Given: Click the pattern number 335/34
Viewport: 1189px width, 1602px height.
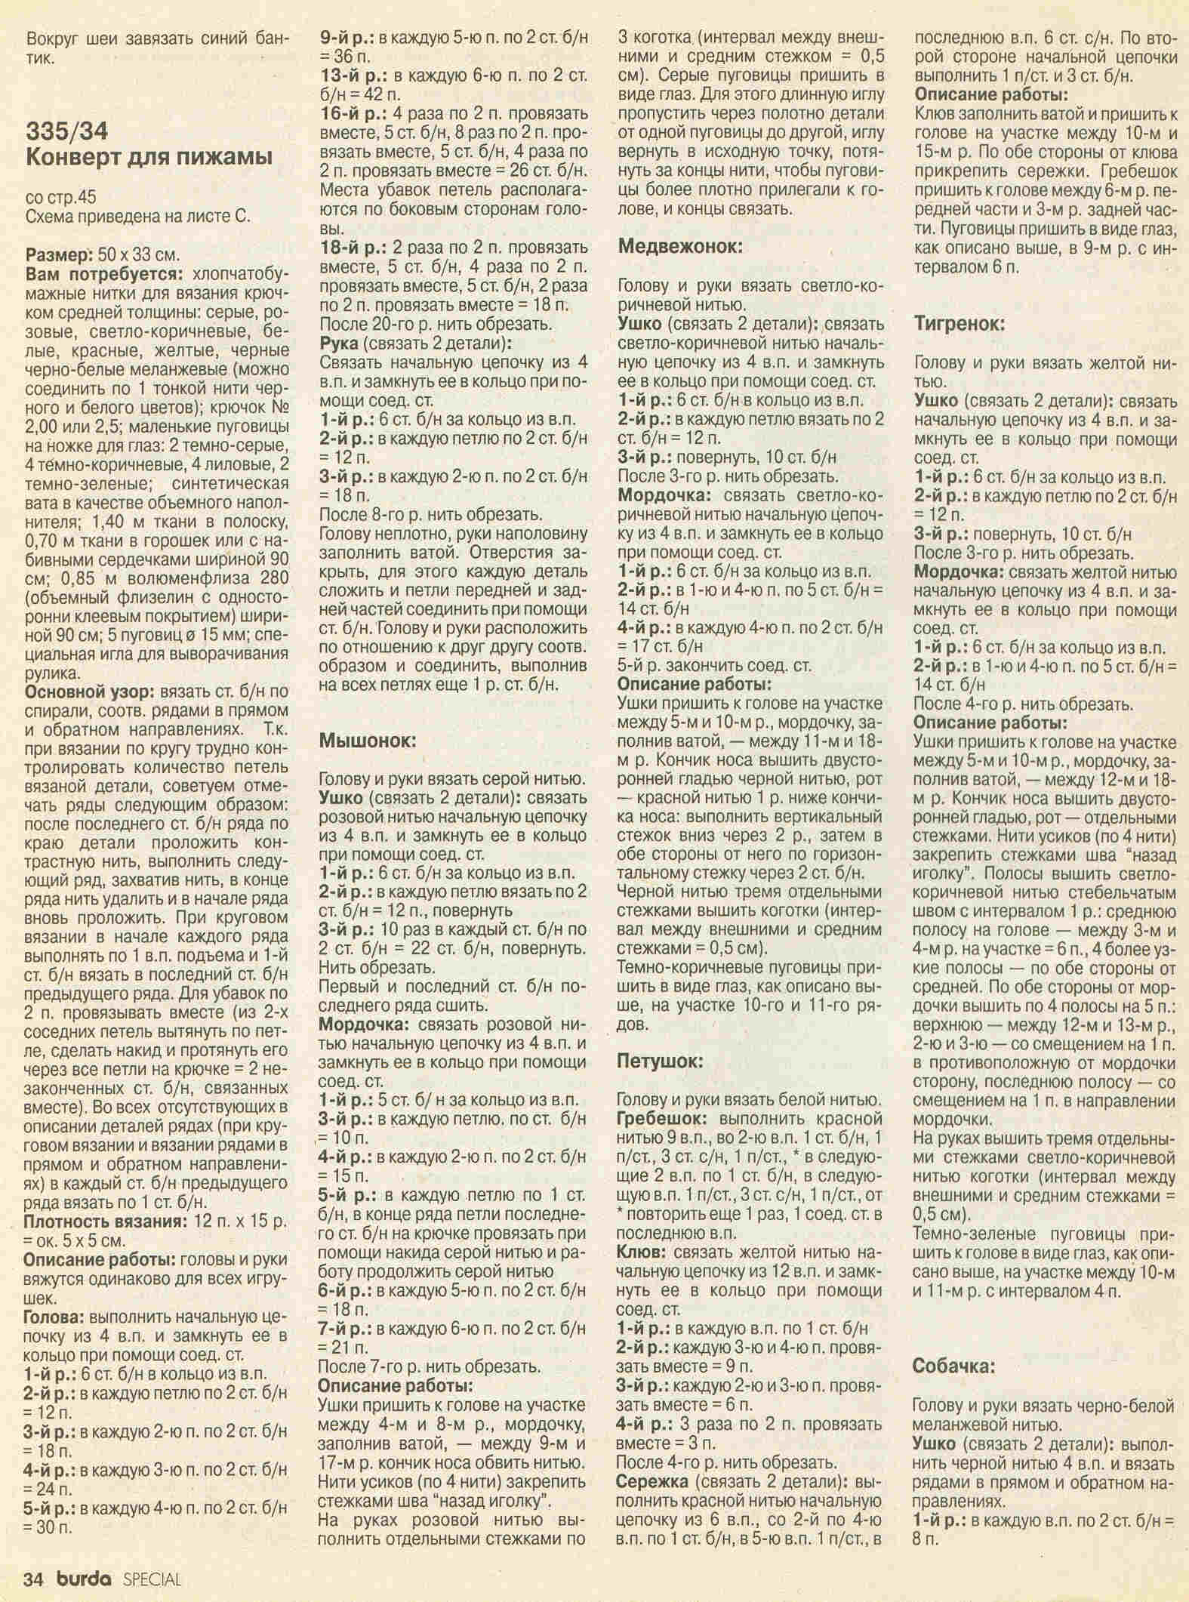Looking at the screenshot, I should [68, 131].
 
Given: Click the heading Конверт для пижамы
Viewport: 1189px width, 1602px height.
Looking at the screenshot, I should [149, 158].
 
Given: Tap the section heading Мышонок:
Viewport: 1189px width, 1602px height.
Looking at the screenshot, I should [368, 740].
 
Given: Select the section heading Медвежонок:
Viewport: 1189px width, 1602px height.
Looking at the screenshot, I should [679, 246].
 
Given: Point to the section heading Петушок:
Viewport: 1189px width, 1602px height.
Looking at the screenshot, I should [660, 1061].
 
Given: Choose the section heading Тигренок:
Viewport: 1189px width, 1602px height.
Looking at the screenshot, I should [959, 324].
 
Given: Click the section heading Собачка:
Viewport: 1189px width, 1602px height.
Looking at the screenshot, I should [955, 1366].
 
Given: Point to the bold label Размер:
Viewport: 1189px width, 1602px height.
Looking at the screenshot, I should [57, 254].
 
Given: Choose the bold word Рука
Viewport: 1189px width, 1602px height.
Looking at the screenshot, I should [338, 344].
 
